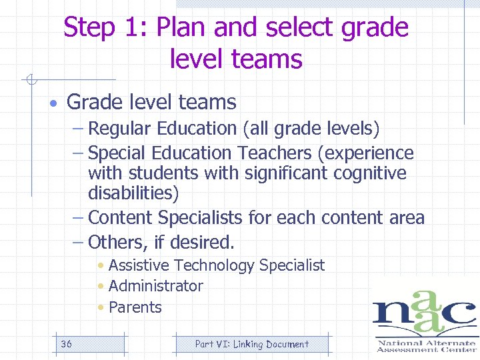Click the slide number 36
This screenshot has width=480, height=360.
coord(66,344)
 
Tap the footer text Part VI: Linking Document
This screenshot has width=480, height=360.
coord(251,344)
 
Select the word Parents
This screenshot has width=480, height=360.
coord(135,307)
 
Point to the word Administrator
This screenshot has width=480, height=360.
coord(156,286)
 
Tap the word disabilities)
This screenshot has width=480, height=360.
coord(133,194)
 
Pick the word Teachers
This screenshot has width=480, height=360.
coord(273,153)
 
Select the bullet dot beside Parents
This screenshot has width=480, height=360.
coord(100,308)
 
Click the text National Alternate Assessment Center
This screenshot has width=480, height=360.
coord(426,345)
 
